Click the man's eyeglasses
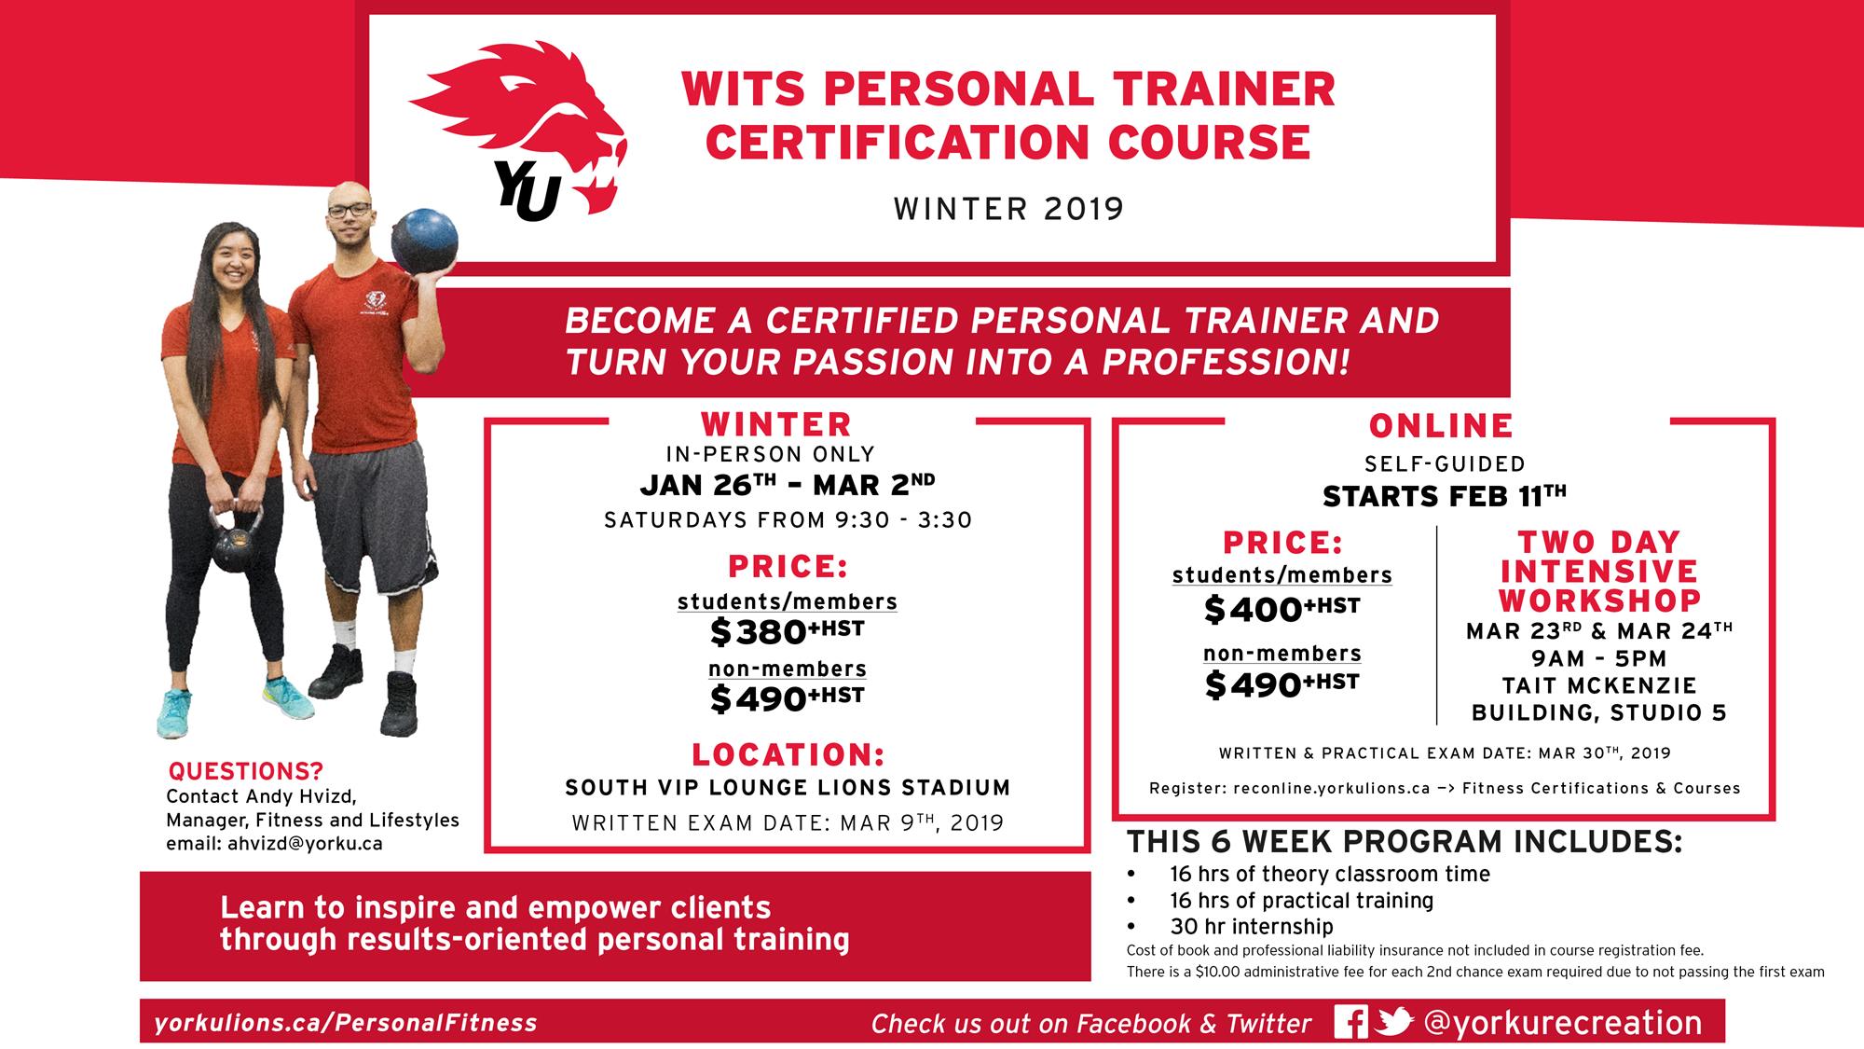coord(349,210)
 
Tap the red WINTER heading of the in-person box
coord(776,425)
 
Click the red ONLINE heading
coord(1441,426)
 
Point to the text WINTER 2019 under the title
coord(1009,209)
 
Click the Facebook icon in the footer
coord(1350,1022)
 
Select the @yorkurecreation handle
coord(1563,1022)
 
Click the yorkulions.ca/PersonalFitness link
coord(346,1023)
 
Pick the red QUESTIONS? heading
coord(245,772)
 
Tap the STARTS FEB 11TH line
coord(1444,496)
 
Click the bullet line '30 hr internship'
coord(1251,927)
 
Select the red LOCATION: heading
coord(788,754)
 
